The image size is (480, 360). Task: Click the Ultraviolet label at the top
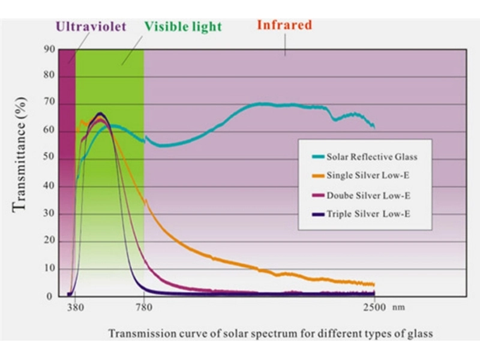click(90, 26)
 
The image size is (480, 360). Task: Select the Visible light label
click(182, 26)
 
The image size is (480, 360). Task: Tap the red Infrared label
click(284, 25)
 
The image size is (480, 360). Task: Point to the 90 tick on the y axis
click(49, 49)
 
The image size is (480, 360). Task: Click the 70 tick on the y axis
click(49, 104)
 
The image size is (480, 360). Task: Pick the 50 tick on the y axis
click(49, 158)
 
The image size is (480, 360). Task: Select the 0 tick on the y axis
click(51, 296)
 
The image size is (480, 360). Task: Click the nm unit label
click(399, 308)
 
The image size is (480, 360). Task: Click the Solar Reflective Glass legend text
click(371, 157)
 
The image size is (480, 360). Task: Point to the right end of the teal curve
click(374, 127)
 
